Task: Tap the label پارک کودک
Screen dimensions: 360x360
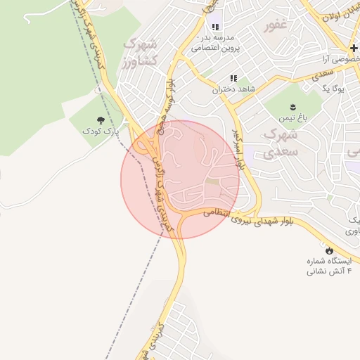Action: point(98,131)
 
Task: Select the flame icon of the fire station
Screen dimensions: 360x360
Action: point(328,250)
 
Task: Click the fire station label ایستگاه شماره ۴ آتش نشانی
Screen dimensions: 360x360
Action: point(328,265)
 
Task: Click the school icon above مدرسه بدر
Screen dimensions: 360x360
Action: point(206,26)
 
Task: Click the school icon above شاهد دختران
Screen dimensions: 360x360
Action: point(233,79)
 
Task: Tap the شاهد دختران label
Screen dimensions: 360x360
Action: point(233,90)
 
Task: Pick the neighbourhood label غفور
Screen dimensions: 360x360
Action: point(276,27)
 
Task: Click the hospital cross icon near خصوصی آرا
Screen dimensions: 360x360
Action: point(354,48)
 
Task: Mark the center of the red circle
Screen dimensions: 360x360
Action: point(180,179)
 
